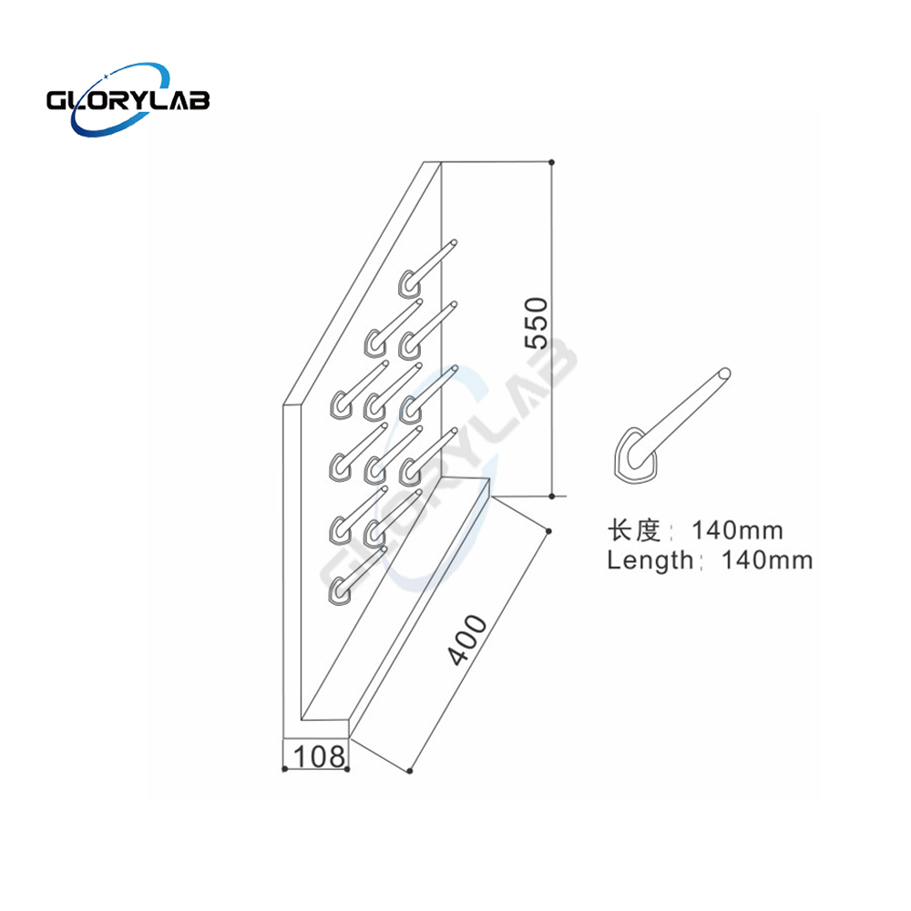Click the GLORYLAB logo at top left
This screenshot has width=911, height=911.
point(128,98)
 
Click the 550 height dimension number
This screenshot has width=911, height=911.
point(537,322)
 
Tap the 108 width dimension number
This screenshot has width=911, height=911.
point(318,755)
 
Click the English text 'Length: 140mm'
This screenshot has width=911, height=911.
point(710,559)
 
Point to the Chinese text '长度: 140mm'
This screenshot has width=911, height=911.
point(695,529)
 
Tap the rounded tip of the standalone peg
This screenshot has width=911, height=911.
point(723,373)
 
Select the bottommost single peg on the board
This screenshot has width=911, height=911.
point(341,589)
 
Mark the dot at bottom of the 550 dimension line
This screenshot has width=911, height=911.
point(552,496)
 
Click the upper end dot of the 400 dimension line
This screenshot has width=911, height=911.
point(548,531)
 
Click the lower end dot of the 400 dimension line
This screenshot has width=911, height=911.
point(410,772)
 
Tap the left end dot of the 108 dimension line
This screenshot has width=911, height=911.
point(285,771)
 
